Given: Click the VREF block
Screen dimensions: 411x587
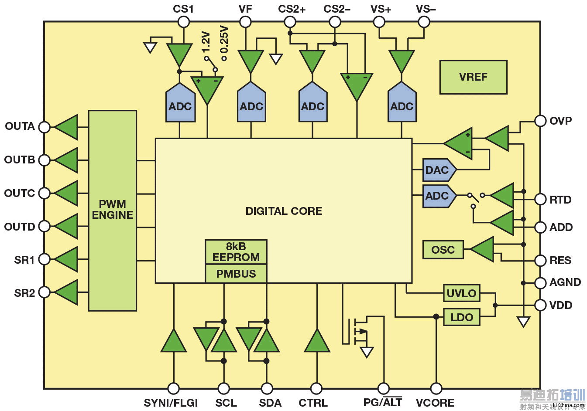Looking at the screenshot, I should [x=473, y=77].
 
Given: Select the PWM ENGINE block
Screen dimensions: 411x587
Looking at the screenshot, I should [x=112, y=210].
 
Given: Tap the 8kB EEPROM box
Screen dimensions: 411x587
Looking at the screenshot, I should [x=236, y=251].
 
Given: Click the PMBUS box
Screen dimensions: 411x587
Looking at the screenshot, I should [x=236, y=274].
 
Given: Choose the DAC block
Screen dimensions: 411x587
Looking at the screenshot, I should [x=438, y=170].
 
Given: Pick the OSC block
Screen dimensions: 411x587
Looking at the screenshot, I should [x=443, y=250].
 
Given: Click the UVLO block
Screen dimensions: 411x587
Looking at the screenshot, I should [x=461, y=293].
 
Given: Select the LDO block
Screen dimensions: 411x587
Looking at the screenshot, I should [x=461, y=317].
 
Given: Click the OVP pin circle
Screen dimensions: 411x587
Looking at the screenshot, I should [x=540, y=121].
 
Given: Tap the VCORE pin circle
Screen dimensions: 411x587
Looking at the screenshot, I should [x=436, y=388].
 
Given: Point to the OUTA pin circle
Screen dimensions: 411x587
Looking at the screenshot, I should [x=45, y=127].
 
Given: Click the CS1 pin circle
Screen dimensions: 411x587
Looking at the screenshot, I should [x=184, y=22].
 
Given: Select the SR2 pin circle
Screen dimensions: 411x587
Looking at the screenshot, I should [x=45, y=292].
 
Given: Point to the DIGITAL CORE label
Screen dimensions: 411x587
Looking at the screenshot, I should [x=284, y=211].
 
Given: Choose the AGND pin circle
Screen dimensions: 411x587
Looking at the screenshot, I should [x=540, y=283].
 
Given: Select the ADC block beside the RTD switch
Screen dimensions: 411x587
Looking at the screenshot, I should [x=438, y=196].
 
